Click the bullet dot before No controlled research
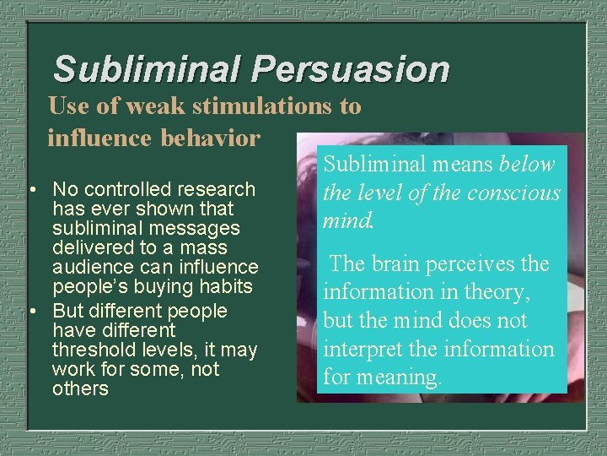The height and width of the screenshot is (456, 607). pyautogui.click(x=31, y=189)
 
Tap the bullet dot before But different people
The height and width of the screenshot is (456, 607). pyautogui.click(x=31, y=311)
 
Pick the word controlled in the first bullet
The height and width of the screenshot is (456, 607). pyautogui.click(x=125, y=189)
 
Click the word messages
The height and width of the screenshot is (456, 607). pyautogui.click(x=201, y=228)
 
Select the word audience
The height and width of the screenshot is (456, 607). pyautogui.click(x=89, y=267)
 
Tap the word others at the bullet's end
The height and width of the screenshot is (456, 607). pyautogui.click(x=80, y=388)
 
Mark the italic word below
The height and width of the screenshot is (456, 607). pyautogui.click(x=527, y=164)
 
